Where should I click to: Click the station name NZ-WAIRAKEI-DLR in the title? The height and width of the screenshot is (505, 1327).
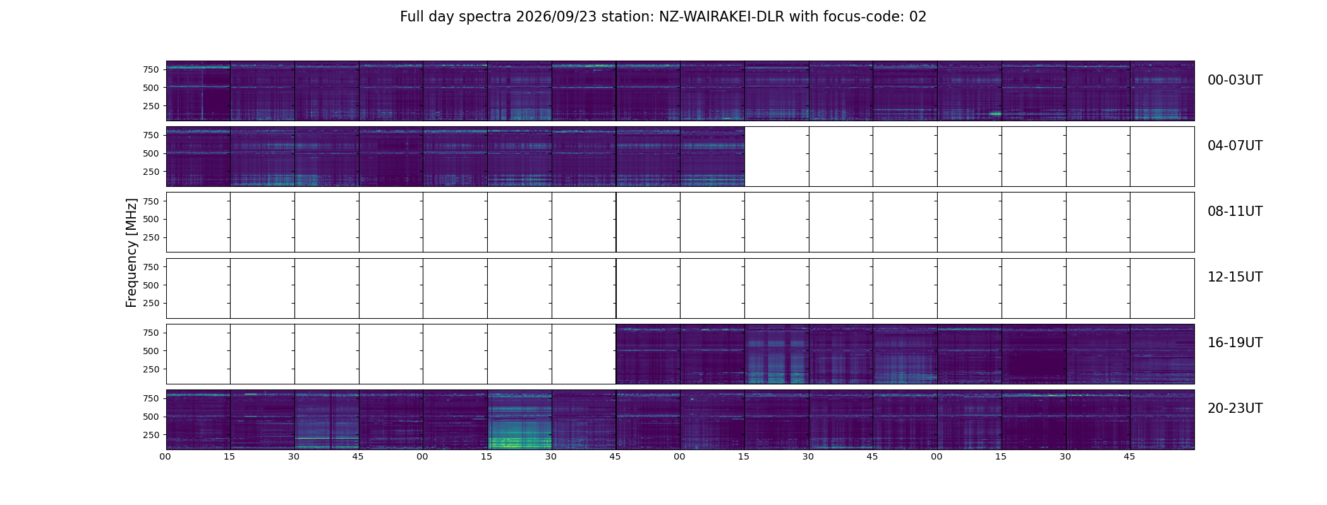[722, 17]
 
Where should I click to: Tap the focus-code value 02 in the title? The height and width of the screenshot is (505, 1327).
[918, 17]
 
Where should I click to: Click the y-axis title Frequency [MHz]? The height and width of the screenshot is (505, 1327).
[131, 252]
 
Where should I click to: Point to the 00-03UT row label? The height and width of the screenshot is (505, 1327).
[1235, 80]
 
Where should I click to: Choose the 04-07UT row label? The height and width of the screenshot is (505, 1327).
[1235, 146]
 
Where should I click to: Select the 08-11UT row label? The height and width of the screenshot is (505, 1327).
[1235, 211]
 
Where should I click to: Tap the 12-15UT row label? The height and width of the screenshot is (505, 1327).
[1235, 277]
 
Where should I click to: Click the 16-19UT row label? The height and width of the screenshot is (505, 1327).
[1235, 343]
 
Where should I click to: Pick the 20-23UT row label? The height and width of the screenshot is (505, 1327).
[1235, 408]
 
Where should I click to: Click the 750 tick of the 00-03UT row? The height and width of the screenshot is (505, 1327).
[150, 69]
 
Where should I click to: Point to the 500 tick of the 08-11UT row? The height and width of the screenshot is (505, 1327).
[150, 219]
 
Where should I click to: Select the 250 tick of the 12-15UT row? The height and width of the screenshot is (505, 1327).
[150, 303]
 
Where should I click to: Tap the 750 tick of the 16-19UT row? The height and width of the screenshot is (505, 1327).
[150, 333]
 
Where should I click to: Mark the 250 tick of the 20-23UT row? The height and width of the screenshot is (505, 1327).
[150, 435]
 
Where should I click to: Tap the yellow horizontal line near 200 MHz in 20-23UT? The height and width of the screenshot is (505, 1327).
[327, 438]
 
